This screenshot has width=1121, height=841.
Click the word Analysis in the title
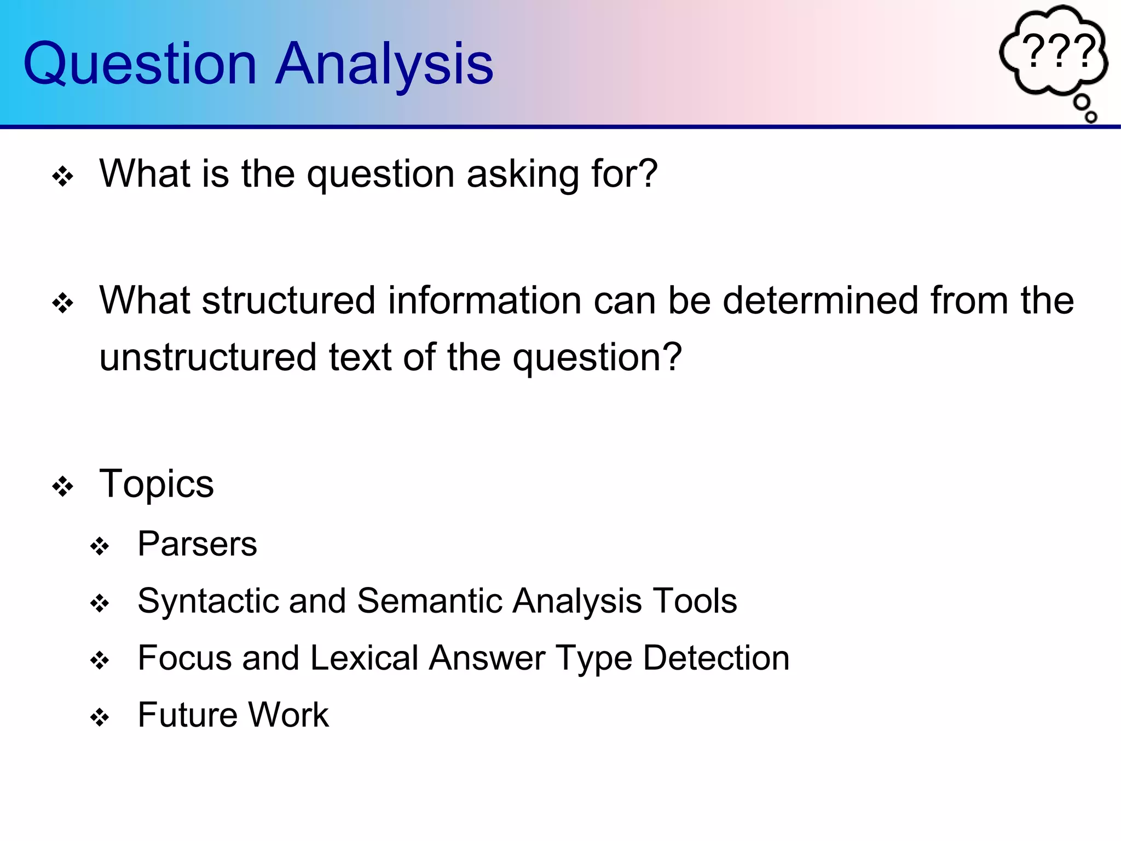tap(384, 65)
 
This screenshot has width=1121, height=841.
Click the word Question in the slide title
tap(140, 65)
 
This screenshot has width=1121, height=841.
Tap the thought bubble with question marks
tap(1054, 52)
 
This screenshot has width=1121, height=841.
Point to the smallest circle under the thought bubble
tap(1090, 117)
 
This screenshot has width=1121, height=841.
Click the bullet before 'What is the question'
tap(63, 176)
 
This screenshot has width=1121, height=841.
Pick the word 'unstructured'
tap(207, 358)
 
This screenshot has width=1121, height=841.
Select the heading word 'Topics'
tap(157, 485)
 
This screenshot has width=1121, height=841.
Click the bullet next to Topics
tap(63, 486)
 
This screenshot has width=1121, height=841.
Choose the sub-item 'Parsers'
tap(197, 544)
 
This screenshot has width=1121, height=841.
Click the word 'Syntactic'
tap(207, 601)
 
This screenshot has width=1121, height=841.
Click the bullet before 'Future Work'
tap(100, 717)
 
